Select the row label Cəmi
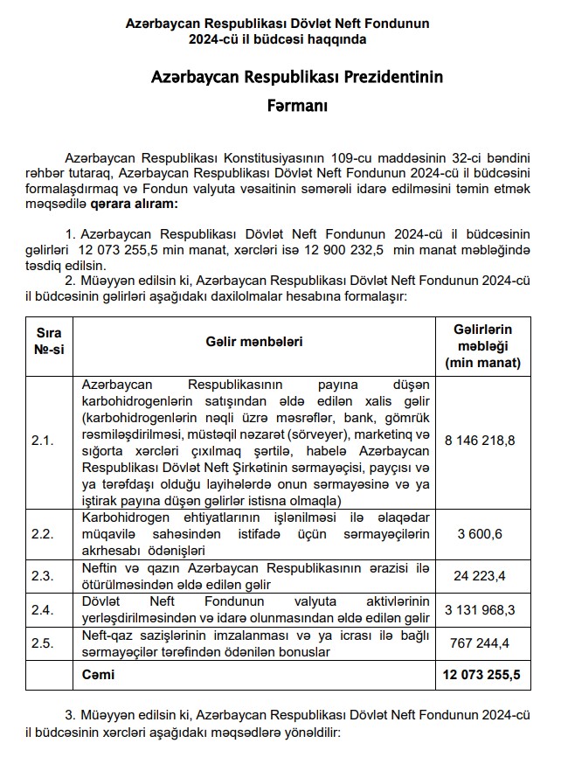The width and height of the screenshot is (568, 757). pyautogui.click(x=97, y=675)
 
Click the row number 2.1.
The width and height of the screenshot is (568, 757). pyautogui.click(x=43, y=440)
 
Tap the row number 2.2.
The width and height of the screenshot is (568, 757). pyautogui.click(x=43, y=535)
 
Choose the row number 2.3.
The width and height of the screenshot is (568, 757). pyautogui.click(x=43, y=576)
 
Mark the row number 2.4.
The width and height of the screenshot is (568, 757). pyautogui.click(x=43, y=609)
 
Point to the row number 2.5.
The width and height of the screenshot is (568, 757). pyautogui.click(x=43, y=642)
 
